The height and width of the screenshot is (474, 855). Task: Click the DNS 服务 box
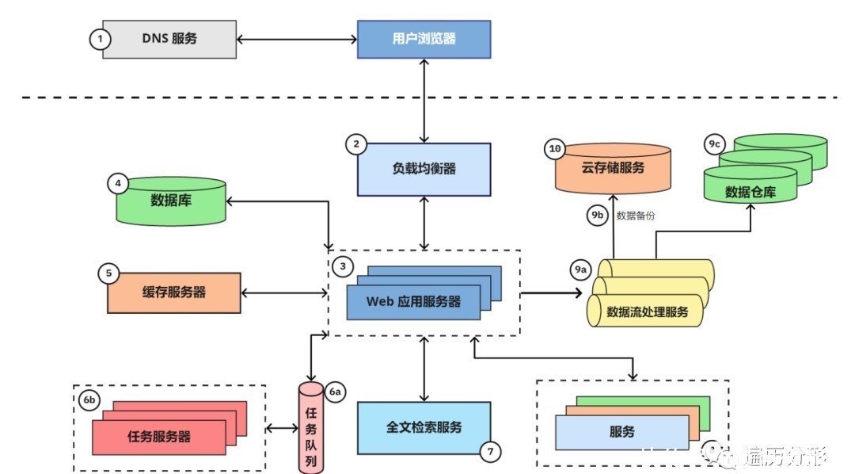pyautogui.click(x=169, y=39)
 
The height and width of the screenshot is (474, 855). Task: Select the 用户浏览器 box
pyautogui.click(x=424, y=39)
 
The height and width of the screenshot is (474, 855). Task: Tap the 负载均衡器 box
pyautogui.click(x=424, y=169)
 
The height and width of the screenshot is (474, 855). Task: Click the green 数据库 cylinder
pyautogui.click(x=171, y=201)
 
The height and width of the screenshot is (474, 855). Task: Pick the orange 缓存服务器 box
pyautogui.click(x=174, y=292)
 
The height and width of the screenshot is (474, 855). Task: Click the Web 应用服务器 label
pyautogui.click(x=413, y=302)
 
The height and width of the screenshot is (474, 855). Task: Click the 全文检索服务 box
pyautogui.click(x=424, y=427)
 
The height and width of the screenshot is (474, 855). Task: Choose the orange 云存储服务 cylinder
pyautogui.click(x=613, y=169)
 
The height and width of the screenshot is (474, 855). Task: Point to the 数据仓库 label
pyautogui.click(x=750, y=192)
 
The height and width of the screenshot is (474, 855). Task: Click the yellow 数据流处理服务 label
pyautogui.click(x=647, y=312)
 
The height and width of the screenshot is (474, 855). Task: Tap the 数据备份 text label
pyautogui.click(x=636, y=215)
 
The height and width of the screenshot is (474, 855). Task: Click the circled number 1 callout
pyautogui.click(x=99, y=39)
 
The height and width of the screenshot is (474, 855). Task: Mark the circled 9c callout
pyautogui.click(x=714, y=144)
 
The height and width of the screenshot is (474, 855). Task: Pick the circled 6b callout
pyautogui.click(x=87, y=399)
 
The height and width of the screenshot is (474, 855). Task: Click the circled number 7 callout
pyautogui.click(x=491, y=452)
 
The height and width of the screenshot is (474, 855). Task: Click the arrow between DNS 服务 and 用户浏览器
pyautogui.click(x=297, y=39)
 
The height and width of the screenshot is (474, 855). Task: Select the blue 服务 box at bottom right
pyautogui.click(x=621, y=433)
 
